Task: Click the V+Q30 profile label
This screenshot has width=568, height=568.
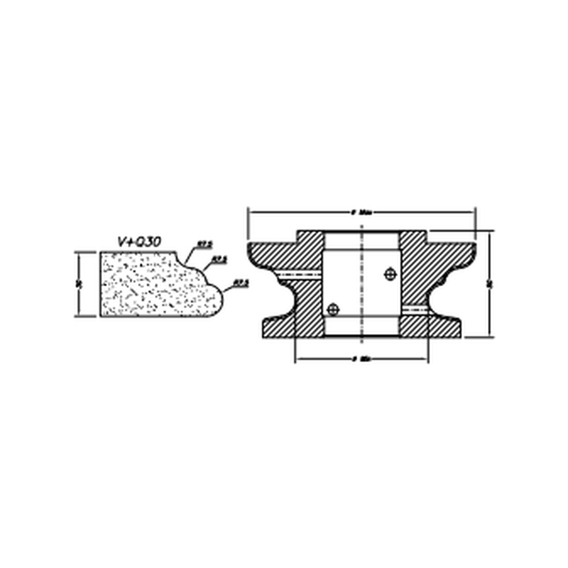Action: pos(139,242)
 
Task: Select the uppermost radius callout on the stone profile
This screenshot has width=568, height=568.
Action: pos(205,244)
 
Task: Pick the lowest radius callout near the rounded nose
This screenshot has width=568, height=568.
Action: pos(241,283)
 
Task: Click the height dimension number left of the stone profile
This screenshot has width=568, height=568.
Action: pos(81,284)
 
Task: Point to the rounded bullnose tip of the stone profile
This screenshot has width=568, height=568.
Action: pos(220,300)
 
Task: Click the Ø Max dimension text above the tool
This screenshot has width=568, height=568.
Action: pos(362,212)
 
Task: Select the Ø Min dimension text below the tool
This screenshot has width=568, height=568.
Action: pos(361,359)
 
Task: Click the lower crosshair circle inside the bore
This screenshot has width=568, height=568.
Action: pos(333,310)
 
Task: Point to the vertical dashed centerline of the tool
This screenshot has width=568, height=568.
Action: pos(362,288)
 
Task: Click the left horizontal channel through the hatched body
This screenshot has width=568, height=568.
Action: pos(300,274)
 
